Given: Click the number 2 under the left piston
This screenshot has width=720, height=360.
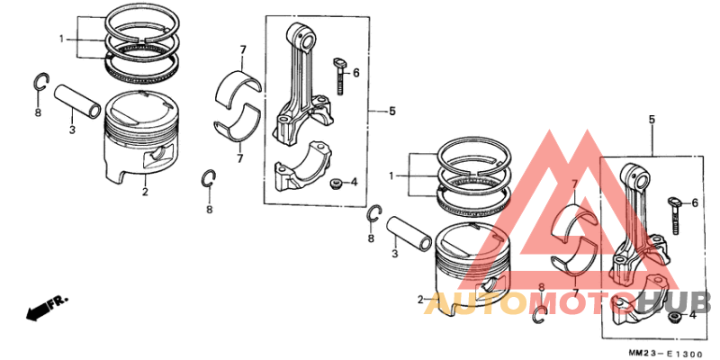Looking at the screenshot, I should (x=144, y=191).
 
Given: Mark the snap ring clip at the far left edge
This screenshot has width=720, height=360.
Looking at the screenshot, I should (x=40, y=83).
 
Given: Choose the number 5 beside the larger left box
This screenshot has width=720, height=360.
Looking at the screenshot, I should (x=392, y=112).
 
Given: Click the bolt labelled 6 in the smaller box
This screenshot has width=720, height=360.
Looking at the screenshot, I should (x=670, y=210).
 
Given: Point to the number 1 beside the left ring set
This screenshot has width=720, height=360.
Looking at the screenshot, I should (x=61, y=39).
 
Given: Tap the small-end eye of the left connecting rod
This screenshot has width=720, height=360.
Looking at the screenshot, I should (x=302, y=38).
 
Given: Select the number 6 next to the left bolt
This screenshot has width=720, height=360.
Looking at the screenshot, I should (x=355, y=72).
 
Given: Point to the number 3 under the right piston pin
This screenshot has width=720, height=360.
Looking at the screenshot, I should (x=393, y=256).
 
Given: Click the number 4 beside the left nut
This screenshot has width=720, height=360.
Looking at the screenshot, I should (x=355, y=182).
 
